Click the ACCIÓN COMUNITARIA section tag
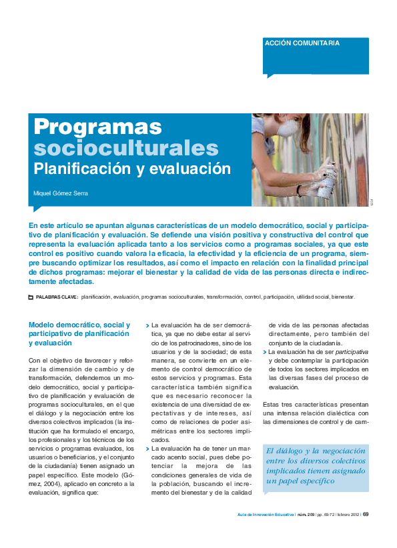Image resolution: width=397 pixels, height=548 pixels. click(x=302, y=43)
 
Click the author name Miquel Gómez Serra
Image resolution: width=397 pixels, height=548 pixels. click(x=61, y=193)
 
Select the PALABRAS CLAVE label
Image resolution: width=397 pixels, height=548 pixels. click(x=57, y=297)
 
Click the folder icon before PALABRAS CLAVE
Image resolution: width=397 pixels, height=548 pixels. click(x=31, y=297)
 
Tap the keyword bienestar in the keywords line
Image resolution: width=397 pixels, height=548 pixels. click(x=343, y=297)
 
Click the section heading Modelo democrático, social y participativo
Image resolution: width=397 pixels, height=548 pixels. click(x=79, y=333)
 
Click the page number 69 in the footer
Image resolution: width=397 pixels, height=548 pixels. click(x=366, y=513)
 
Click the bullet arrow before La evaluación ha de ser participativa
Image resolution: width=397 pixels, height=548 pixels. click(x=265, y=351)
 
